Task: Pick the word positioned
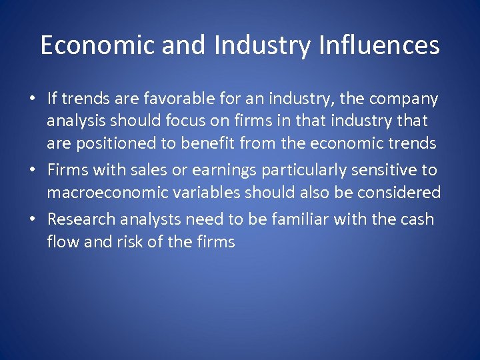coord(111,143)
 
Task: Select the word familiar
coord(302,219)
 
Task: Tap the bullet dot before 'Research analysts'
coord(31,220)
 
